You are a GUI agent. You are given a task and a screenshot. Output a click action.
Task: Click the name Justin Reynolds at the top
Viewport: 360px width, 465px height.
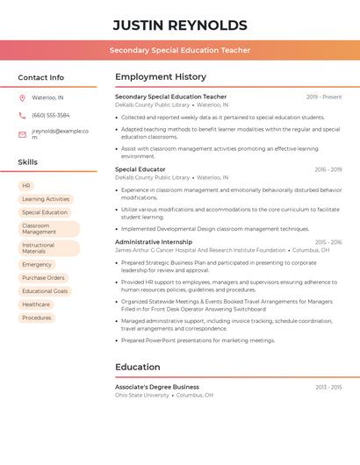click(x=180, y=25)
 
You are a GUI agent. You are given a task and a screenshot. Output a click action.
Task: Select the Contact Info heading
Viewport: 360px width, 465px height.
click(x=40, y=77)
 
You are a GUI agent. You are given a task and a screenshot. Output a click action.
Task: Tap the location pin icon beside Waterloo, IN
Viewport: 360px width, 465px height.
click(x=22, y=97)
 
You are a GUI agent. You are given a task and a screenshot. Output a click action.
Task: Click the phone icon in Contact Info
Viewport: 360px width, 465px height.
click(x=22, y=115)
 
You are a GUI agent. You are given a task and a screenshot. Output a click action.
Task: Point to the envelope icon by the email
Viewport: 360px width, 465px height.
click(x=22, y=134)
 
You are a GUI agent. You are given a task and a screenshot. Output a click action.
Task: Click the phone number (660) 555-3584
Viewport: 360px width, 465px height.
click(x=50, y=115)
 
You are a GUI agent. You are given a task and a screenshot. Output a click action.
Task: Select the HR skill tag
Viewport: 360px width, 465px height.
click(x=26, y=186)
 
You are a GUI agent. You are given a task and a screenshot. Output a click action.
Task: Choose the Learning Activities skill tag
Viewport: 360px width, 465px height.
click(x=46, y=199)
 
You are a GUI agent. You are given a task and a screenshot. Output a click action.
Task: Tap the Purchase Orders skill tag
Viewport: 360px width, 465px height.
click(x=43, y=277)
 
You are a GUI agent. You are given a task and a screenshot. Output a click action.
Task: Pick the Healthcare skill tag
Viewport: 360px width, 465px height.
click(x=36, y=304)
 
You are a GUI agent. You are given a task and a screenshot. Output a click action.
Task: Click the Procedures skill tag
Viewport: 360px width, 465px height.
click(x=37, y=318)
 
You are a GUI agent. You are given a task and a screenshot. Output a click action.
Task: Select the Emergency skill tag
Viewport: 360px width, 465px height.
click(x=37, y=264)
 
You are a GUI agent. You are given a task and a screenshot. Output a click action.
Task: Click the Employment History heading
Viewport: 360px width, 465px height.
click(x=161, y=77)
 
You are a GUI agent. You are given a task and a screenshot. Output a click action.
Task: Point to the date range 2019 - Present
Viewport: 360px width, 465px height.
click(x=324, y=97)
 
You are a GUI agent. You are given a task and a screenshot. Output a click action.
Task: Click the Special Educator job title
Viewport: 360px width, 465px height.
click(x=140, y=169)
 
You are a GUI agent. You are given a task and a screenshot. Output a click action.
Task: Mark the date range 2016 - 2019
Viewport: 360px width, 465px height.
click(x=328, y=169)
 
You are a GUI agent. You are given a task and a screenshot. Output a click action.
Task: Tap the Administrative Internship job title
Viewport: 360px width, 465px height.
click(x=154, y=241)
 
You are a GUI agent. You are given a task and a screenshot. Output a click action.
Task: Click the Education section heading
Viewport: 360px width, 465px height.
click(x=138, y=367)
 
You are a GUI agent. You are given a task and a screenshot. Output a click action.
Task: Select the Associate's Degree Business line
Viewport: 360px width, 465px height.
click(x=157, y=387)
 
